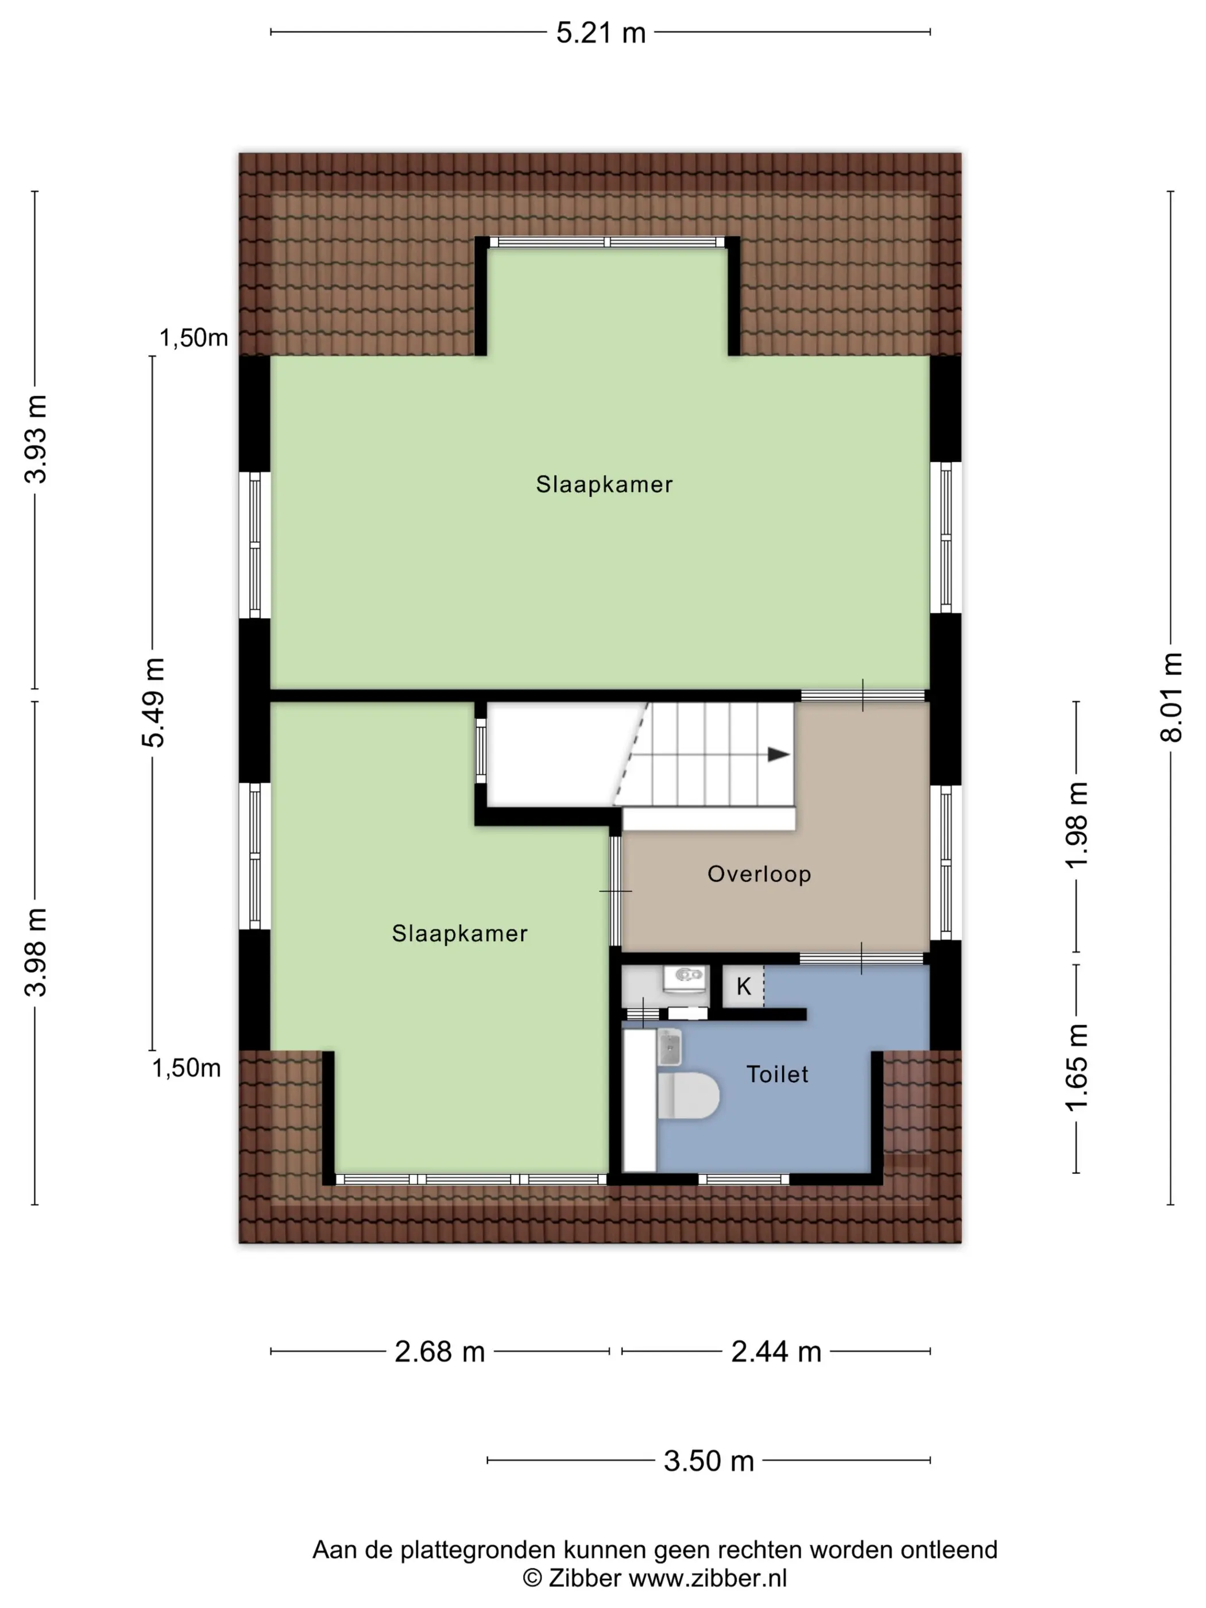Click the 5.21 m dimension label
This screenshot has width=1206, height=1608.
click(x=601, y=33)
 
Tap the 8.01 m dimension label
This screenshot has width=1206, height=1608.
click(x=1171, y=697)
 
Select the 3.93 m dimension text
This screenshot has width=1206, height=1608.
click(x=36, y=439)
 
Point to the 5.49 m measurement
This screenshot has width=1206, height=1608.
click(x=153, y=702)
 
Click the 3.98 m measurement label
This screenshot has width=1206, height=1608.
click(x=36, y=952)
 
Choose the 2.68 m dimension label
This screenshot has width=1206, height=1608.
click(x=440, y=1351)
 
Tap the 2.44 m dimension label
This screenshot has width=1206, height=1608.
click(x=776, y=1351)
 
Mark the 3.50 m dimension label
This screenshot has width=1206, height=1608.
click(x=709, y=1460)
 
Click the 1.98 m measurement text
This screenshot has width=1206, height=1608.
click(x=1077, y=825)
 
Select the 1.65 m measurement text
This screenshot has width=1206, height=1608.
click(x=1077, y=1067)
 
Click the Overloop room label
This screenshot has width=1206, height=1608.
click(x=759, y=874)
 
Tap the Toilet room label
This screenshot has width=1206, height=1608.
click(x=777, y=1074)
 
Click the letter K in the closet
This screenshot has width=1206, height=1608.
click(x=743, y=987)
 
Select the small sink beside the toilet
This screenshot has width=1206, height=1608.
click(x=670, y=1047)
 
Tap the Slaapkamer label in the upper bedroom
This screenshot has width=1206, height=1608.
click(x=604, y=484)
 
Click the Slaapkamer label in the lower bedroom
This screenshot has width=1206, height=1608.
click(x=459, y=933)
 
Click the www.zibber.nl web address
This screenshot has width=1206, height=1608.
click(x=708, y=1578)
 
